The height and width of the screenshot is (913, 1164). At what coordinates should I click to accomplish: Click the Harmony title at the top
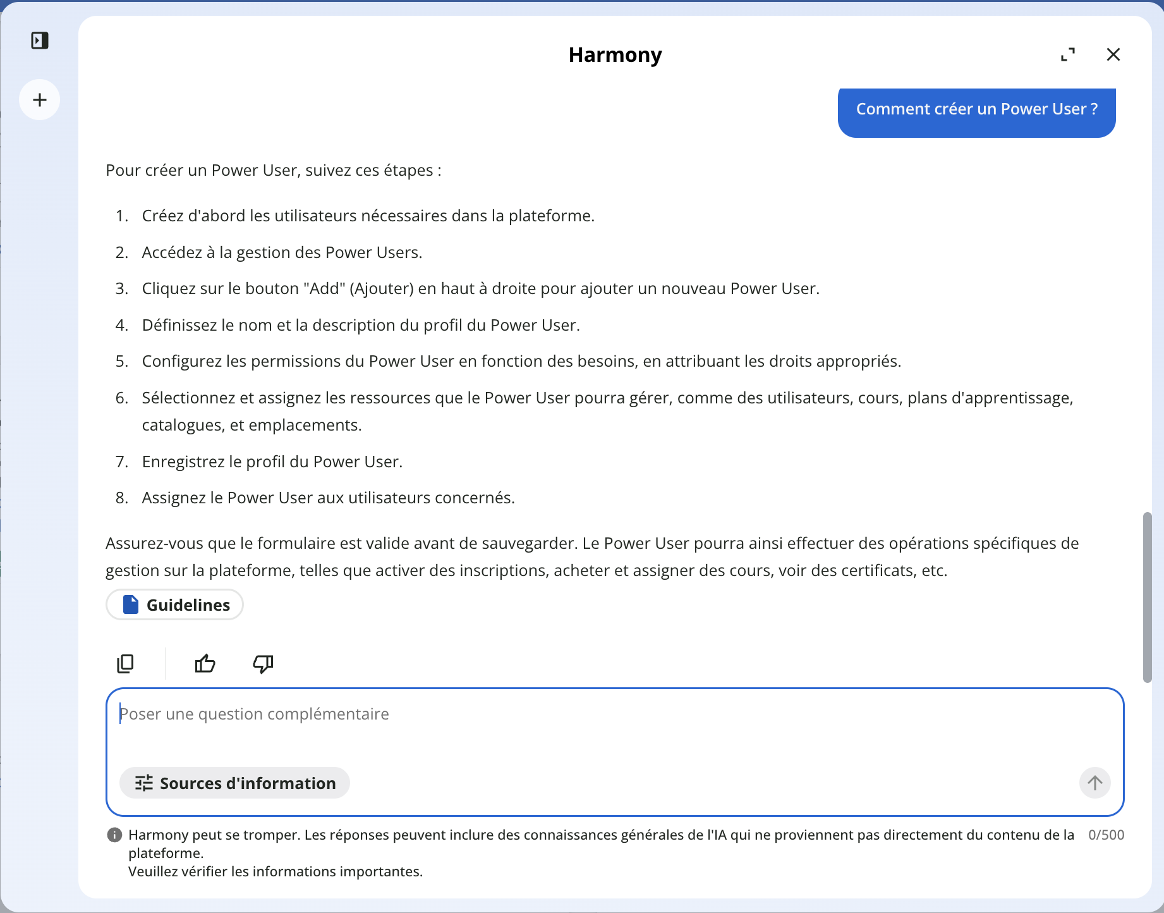(615, 55)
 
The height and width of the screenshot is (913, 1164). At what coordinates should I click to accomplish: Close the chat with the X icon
(1113, 55)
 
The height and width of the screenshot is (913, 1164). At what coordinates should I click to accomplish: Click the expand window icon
(1068, 55)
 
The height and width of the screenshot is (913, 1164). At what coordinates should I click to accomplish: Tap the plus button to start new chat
(40, 100)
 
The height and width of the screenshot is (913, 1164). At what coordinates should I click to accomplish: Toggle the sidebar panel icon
(40, 41)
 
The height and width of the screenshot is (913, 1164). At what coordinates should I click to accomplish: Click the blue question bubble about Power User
(976, 109)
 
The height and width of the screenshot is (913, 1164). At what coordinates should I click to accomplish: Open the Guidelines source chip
(175, 605)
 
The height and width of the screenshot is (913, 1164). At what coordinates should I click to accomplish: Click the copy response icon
(126, 663)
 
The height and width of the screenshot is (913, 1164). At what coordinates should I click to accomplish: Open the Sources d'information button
(234, 783)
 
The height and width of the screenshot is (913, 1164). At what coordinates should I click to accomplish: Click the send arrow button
(1094, 783)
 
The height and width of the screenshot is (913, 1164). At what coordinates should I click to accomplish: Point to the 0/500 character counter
(1106, 835)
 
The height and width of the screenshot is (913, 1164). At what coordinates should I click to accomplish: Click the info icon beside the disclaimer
(114, 835)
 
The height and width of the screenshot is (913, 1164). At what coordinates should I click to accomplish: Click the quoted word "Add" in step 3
(324, 289)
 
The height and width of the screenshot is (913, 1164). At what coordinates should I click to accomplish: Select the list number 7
(121, 462)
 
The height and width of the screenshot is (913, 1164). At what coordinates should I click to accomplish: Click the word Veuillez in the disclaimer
(153, 872)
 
